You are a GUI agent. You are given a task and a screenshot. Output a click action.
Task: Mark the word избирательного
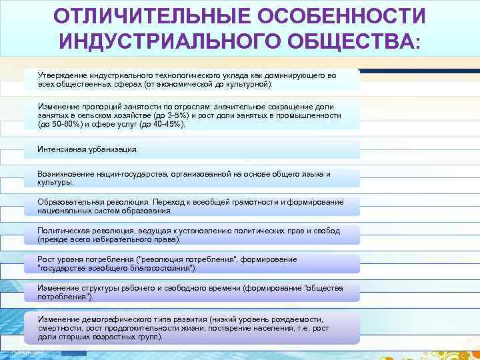(x=123, y=239)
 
